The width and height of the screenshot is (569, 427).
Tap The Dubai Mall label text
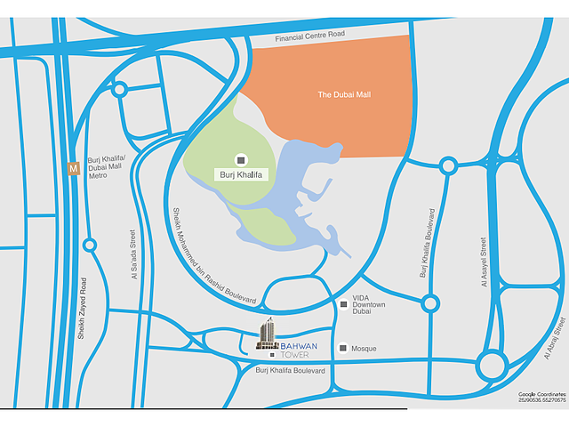(x=343, y=94)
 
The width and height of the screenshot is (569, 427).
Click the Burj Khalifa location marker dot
(x=241, y=159)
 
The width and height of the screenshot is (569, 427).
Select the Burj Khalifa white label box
(x=237, y=175)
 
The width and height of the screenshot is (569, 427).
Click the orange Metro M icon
(x=74, y=166)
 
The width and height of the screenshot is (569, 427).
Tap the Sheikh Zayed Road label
(x=81, y=308)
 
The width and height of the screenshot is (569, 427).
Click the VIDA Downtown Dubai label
(x=369, y=305)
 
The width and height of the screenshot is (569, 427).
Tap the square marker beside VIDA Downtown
(x=344, y=305)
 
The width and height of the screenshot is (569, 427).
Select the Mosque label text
(x=364, y=348)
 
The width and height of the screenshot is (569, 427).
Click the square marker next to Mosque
(x=343, y=348)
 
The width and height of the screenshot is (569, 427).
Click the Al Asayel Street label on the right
(x=484, y=262)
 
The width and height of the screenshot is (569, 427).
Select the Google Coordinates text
(x=542, y=396)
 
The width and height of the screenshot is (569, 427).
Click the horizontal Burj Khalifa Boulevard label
(x=290, y=370)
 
